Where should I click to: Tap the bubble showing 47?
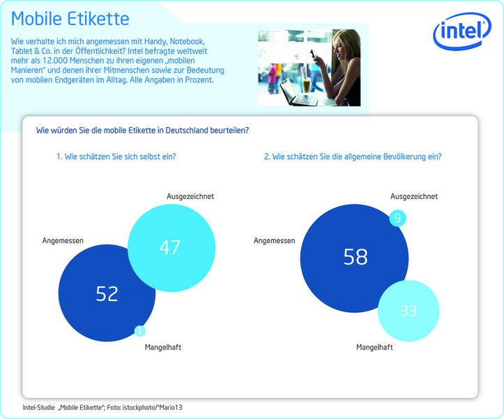(x=170, y=247)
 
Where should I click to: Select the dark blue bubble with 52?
(x=104, y=293)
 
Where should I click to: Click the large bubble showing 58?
(x=355, y=257)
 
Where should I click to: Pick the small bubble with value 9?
(x=397, y=219)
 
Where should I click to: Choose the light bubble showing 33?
(x=408, y=311)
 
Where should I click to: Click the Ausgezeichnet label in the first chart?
(x=190, y=197)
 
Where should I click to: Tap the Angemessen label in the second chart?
(x=275, y=241)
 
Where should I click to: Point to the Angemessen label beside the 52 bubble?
(x=63, y=241)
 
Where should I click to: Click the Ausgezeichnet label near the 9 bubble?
(x=414, y=197)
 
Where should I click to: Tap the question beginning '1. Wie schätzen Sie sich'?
(x=116, y=156)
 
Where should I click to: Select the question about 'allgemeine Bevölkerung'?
(x=352, y=156)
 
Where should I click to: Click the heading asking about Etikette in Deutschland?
(x=142, y=130)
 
